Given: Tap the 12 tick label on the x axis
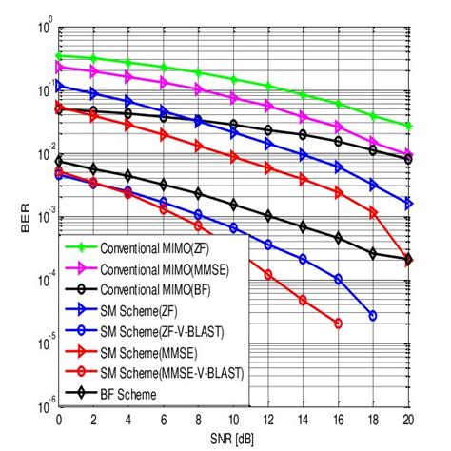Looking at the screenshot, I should (268, 420).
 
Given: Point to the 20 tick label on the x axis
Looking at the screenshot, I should (408, 420).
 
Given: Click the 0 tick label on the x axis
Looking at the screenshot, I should (59, 420).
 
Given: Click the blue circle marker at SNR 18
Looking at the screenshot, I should (373, 315).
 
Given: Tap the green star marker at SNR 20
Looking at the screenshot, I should (408, 126).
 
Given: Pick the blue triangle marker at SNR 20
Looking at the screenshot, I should (408, 204).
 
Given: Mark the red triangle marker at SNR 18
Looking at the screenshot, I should (373, 213).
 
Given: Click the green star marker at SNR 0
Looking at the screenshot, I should (59, 56).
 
